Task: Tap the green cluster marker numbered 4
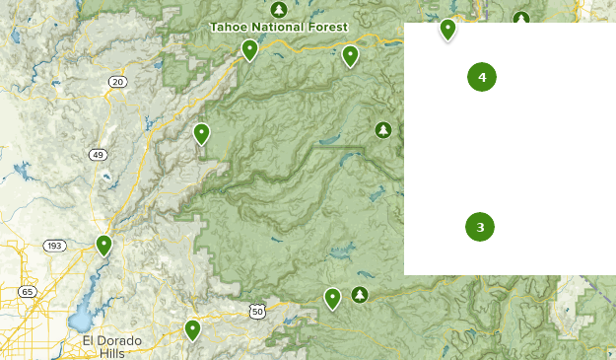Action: tap(482, 77)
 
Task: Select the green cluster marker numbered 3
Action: tap(480, 227)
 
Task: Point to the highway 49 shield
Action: tap(98, 155)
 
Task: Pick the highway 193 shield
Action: tap(54, 246)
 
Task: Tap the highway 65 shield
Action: tap(27, 292)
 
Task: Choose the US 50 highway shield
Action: tap(256, 312)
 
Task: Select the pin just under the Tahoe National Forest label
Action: tap(249, 49)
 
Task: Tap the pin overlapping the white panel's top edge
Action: tap(447, 29)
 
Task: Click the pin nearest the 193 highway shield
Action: tap(103, 245)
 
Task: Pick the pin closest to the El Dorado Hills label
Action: tap(192, 329)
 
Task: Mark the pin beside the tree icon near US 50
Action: tap(333, 298)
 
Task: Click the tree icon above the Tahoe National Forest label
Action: tap(280, 9)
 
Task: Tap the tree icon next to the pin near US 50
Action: tap(360, 294)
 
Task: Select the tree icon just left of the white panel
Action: tap(383, 129)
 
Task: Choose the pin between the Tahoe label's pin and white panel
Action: tap(350, 55)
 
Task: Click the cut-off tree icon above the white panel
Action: tap(521, 18)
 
